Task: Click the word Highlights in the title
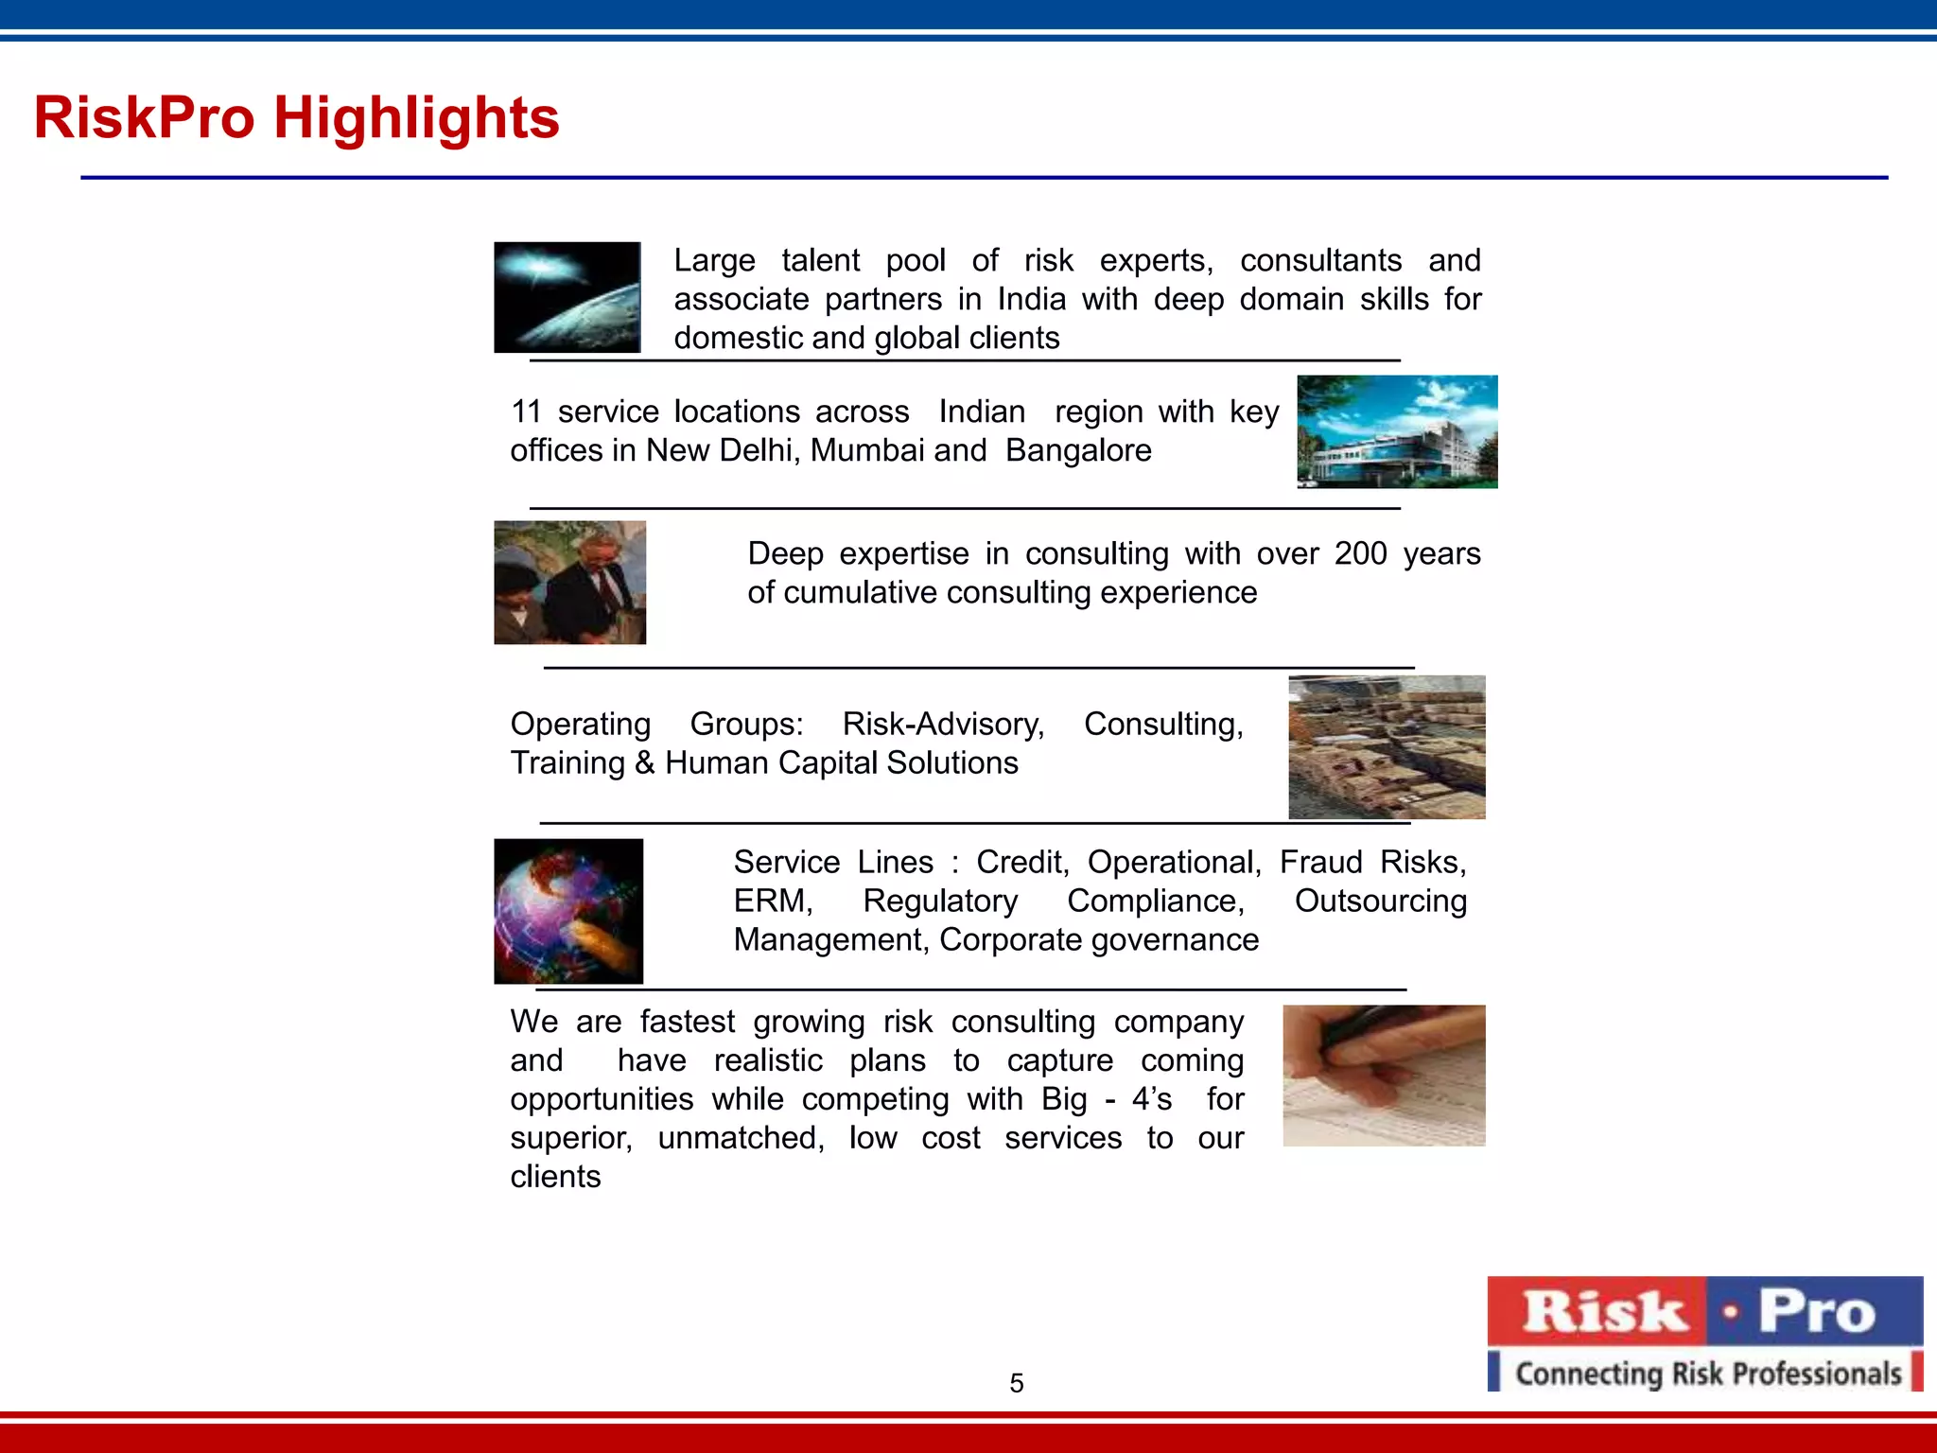pos(416,118)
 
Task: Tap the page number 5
pos(1017,1383)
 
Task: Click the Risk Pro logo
pos(1704,1313)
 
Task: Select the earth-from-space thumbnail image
pos(567,297)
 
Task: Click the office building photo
pos(1397,431)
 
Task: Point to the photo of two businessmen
pos(569,583)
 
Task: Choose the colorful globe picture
pos(568,911)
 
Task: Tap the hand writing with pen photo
pos(1384,1076)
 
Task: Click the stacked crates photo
pos(1387,747)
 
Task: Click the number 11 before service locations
pos(526,411)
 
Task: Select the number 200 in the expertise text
pos(1360,553)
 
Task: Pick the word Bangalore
pos(1078,450)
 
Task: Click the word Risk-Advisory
pos(943,724)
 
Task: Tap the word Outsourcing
pos(1380,902)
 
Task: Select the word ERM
pos(772,902)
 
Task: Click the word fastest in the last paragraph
pos(687,1022)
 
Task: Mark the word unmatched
pos(741,1138)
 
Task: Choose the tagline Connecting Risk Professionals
pos(1707,1373)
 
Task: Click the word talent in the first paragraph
pos(820,260)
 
